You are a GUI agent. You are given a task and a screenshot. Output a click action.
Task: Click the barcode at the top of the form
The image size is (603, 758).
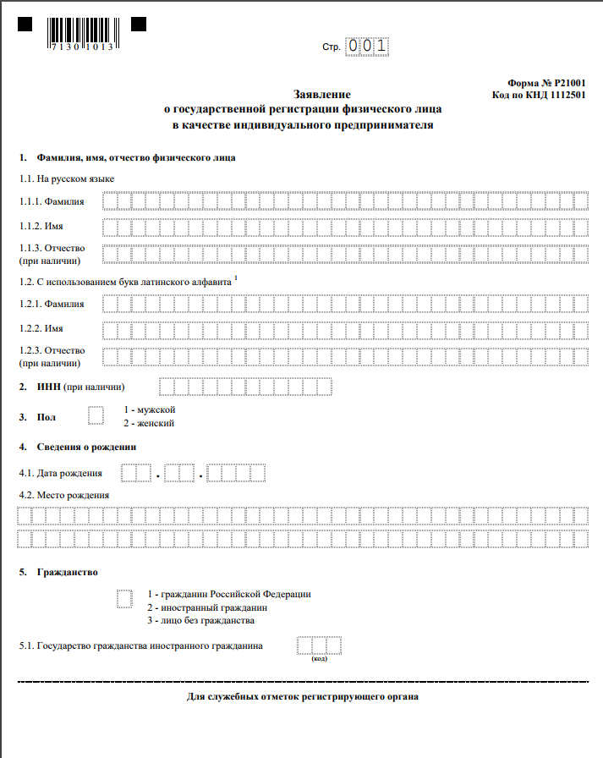click(x=81, y=32)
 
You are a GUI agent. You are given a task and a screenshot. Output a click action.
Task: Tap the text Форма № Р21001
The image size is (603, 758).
click(x=545, y=83)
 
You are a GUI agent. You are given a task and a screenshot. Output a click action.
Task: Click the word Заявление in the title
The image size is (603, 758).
click(x=321, y=95)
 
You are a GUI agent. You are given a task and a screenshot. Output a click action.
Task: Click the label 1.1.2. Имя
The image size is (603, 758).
click(x=41, y=227)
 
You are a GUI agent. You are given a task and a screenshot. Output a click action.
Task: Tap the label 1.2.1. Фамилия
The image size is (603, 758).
click(x=52, y=304)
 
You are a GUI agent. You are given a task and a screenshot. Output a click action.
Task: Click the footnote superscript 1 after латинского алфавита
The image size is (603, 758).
click(x=236, y=277)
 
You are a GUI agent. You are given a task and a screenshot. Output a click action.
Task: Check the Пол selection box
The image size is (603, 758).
click(x=96, y=415)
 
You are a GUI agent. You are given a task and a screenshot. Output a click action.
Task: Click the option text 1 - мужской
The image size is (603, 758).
click(x=149, y=409)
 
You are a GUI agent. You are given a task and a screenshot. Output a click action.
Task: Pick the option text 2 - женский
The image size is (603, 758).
click(x=149, y=423)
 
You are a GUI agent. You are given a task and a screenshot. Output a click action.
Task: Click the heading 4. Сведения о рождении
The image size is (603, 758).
click(x=77, y=446)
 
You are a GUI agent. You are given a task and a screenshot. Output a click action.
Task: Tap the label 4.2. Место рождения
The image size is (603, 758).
click(x=64, y=495)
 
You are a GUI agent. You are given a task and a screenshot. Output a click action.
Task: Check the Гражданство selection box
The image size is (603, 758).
click(x=125, y=597)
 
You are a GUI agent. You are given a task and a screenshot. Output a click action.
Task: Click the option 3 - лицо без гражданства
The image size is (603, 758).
click(x=200, y=620)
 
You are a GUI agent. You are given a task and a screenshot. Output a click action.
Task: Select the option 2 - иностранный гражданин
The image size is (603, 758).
click(x=206, y=607)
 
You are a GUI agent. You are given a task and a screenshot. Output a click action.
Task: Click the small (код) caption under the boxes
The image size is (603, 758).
click(x=320, y=659)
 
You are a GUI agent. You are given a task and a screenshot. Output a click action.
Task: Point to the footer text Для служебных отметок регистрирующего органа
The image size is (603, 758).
click(x=302, y=696)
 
